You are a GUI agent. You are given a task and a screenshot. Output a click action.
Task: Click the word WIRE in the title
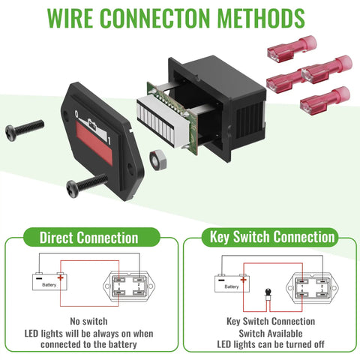coord(70,18)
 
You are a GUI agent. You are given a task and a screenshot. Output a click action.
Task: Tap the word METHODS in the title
coord(261,18)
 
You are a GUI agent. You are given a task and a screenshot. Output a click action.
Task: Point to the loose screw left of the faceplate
coord(25,130)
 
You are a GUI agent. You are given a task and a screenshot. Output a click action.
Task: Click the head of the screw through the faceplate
coord(73,189)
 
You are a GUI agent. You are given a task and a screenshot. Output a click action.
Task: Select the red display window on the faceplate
coord(94,143)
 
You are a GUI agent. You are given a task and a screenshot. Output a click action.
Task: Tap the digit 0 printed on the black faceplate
coord(77,114)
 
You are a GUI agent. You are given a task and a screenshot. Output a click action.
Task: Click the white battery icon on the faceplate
coord(92,124)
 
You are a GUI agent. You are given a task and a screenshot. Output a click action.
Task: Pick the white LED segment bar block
coord(163,121)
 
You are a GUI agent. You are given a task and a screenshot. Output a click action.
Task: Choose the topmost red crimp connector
coord(292,49)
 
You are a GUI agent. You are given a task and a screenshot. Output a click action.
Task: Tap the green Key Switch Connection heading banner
coord(270,237)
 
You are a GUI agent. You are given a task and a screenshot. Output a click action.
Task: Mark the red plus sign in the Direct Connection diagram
coord(61,277)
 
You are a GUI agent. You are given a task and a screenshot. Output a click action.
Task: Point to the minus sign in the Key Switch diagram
coord(221,280)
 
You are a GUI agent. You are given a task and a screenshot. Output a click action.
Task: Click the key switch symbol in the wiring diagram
coord(268,295)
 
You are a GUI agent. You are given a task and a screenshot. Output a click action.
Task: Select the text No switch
coord(88,321)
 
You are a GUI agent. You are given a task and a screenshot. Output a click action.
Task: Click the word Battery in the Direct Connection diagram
coord(49,285)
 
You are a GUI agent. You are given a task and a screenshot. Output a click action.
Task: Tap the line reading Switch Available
coord(271,333)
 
